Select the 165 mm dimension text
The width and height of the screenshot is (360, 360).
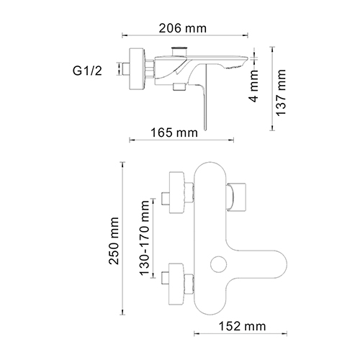(176, 132)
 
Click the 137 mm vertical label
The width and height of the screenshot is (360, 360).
(282, 90)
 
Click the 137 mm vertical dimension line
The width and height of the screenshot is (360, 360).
(271, 90)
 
